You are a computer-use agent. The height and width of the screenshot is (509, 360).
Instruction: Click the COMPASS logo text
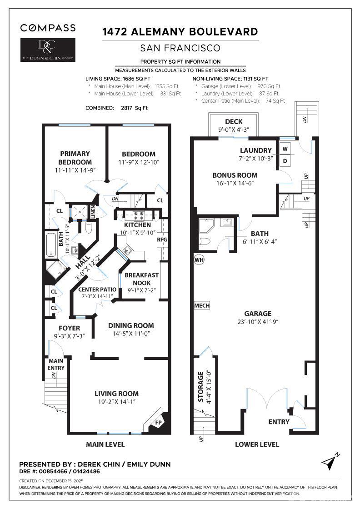tap(48, 28)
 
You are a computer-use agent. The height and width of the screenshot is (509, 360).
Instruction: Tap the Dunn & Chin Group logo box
tap(48, 50)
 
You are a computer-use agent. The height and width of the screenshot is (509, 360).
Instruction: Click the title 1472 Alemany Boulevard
tap(180, 32)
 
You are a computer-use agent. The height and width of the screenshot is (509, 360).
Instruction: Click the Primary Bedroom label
tap(75, 158)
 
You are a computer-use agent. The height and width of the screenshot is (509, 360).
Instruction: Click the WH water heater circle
tap(199, 260)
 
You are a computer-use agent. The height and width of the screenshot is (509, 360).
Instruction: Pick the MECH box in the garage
tap(202, 305)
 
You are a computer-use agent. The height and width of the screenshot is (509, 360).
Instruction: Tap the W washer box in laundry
tap(285, 149)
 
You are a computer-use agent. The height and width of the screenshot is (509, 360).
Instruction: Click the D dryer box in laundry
tap(285, 161)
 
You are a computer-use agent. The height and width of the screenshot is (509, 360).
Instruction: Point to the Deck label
tap(234, 122)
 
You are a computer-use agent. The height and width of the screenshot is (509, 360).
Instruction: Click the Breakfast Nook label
tap(141, 279)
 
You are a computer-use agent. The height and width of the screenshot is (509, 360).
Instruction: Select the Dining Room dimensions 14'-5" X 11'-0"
tap(130, 334)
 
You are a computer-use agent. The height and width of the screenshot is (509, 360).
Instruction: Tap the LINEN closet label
tap(93, 212)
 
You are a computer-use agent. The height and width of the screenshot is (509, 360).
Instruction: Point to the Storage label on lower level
tap(200, 386)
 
